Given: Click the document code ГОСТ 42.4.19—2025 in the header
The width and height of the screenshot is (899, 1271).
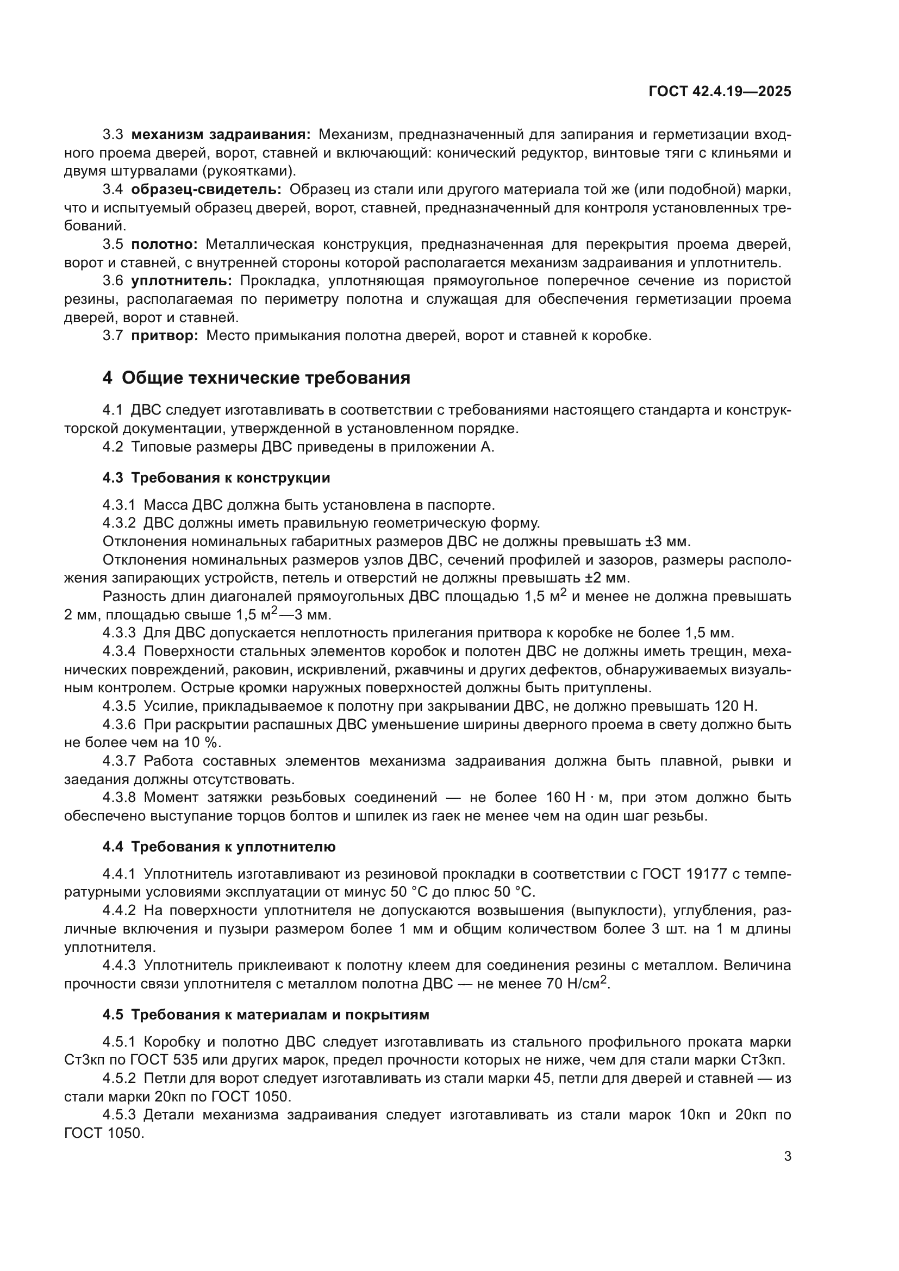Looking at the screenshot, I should coord(720,91).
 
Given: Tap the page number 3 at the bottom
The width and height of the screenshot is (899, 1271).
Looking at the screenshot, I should coord(787,1156).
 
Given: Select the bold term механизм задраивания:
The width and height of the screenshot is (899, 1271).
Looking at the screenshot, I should coord(221,135).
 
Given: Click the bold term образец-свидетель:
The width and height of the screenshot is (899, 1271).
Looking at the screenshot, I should coord(206,189).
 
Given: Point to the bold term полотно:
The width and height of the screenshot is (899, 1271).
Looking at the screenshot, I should coord(164,244).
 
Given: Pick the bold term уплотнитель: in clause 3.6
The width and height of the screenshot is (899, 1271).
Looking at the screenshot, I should coord(182,280).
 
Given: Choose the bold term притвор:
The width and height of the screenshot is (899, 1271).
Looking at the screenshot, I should coord(164,335).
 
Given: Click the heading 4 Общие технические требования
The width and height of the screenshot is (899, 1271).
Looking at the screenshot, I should coord(257,378).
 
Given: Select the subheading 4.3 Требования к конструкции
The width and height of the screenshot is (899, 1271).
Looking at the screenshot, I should coord(216,478).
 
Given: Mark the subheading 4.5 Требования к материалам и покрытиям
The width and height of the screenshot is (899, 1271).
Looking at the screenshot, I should coord(266,1015).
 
